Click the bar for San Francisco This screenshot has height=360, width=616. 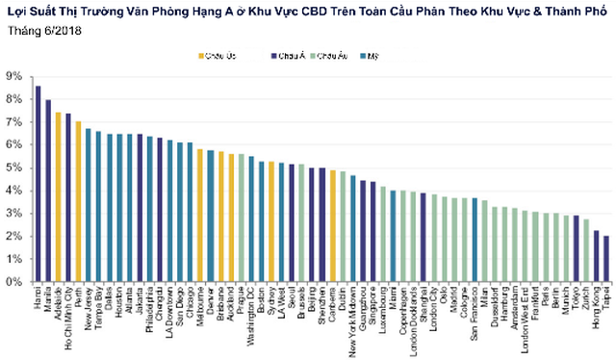click(x=475, y=240)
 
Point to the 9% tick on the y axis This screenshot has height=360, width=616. click(x=16, y=75)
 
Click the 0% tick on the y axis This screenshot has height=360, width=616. click(x=16, y=283)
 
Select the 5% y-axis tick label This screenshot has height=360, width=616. click(x=16, y=167)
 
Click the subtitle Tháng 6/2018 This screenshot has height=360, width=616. click(x=41, y=30)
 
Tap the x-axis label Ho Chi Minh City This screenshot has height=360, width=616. click(x=68, y=311)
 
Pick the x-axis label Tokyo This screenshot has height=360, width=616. click(x=576, y=297)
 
